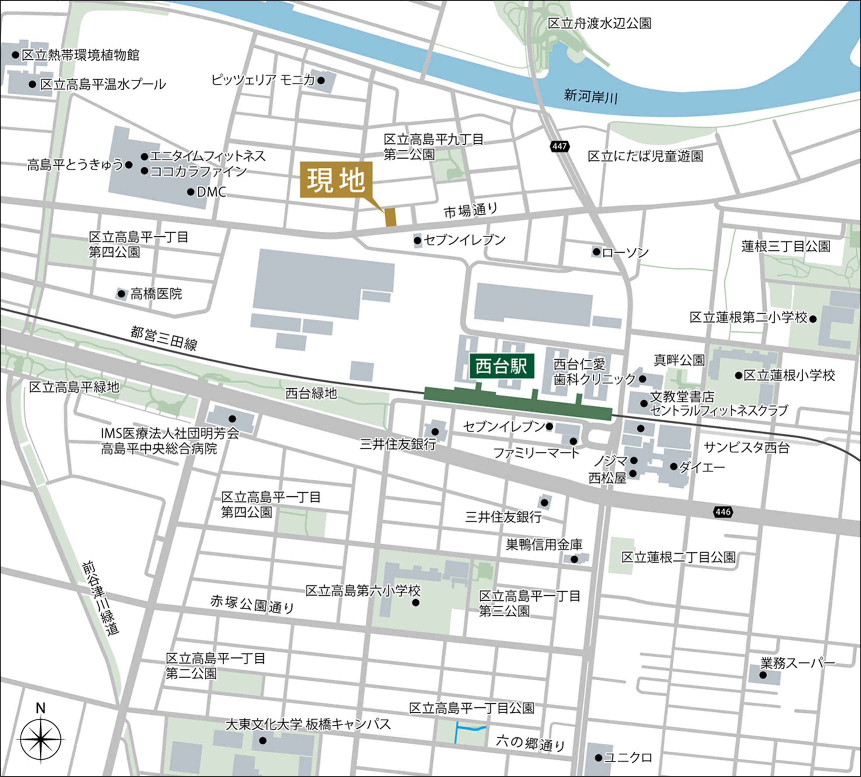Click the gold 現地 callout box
coord(336,180)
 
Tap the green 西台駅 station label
coord(502,366)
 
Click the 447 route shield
coord(559,146)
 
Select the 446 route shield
coord(723,512)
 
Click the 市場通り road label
coord(470,210)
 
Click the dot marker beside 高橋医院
coord(122,294)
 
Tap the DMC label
coord(211,192)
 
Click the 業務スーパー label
coord(797,663)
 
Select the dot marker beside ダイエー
coord(673,467)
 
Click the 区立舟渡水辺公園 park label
coord(599,23)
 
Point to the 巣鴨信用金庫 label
coord(544,545)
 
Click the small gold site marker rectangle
coord(391,217)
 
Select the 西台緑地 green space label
coord(311,393)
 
